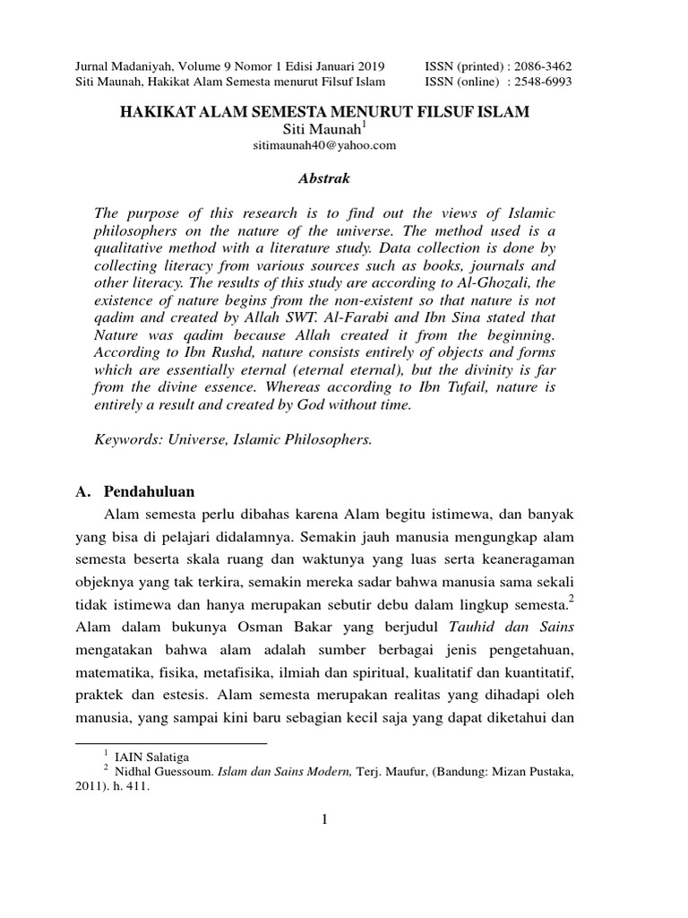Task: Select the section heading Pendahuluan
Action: [x=149, y=492]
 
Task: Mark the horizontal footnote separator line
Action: [x=171, y=743]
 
